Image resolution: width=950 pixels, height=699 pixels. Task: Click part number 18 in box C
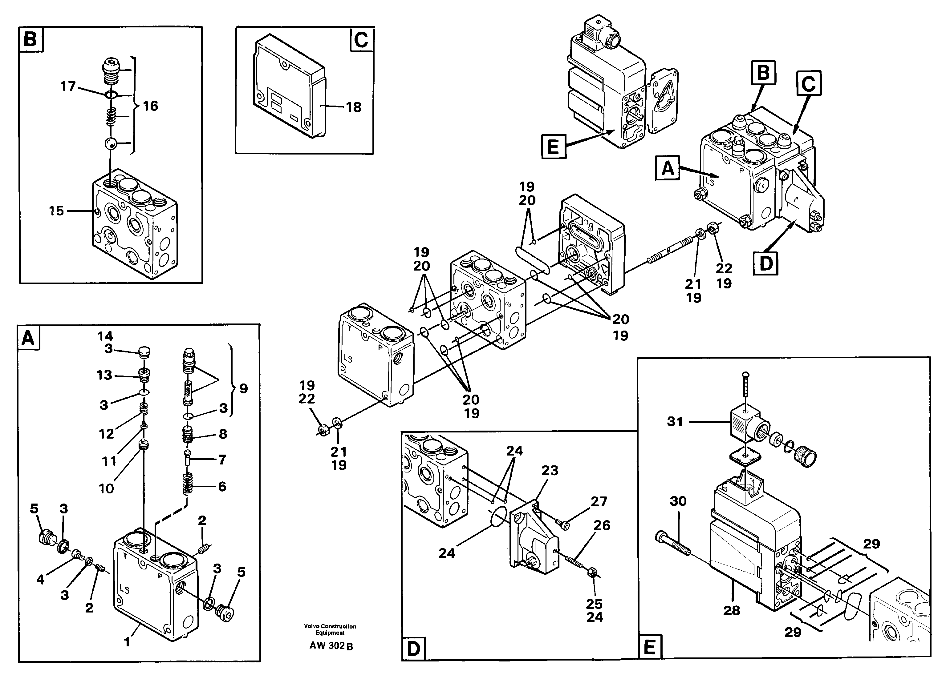click(x=354, y=107)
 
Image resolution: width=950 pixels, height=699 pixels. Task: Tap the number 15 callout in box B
click(x=56, y=211)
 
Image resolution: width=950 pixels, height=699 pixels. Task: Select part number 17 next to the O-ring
click(x=68, y=86)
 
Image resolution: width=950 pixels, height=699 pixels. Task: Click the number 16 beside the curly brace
click(x=150, y=106)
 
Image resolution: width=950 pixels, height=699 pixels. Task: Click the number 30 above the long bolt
click(x=678, y=501)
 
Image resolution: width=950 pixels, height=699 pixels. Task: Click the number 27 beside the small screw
click(x=599, y=501)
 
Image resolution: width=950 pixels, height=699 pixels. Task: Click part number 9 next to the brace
click(x=243, y=388)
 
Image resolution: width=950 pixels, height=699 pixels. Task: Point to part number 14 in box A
click(x=105, y=336)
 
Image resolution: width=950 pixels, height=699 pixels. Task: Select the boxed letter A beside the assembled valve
click(x=667, y=168)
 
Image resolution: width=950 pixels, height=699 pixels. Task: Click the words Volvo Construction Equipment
click(x=330, y=629)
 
